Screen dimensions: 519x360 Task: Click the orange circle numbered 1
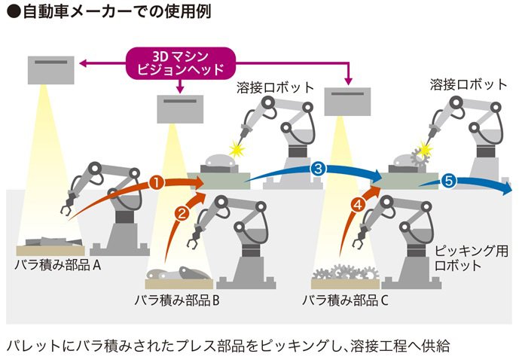tap(157, 182)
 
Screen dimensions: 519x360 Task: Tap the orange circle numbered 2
tap(182, 213)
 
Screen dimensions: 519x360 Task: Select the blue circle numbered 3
tap(318, 169)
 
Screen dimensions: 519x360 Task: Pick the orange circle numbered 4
tap(358, 205)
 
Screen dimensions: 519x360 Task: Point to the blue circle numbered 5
tap(448, 181)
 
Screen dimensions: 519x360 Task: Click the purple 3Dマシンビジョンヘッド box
tap(180, 63)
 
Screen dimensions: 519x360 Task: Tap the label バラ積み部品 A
tap(57, 265)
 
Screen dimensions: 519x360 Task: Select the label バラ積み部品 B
tap(177, 301)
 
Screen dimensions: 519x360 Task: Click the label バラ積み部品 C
tap(345, 301)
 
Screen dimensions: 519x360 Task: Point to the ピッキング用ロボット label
tap(471, 258)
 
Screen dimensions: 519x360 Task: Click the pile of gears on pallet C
tap(346, 273)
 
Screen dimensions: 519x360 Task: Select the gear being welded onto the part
tap(420, 158)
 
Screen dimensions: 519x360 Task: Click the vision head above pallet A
tap(51, 70)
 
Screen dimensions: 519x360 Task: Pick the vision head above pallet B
tap(180, 109)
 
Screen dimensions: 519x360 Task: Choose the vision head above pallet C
tap(347, 102)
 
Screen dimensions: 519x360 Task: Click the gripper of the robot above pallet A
tap(69, 204)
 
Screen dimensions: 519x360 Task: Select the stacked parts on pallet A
tap(53, 242)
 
